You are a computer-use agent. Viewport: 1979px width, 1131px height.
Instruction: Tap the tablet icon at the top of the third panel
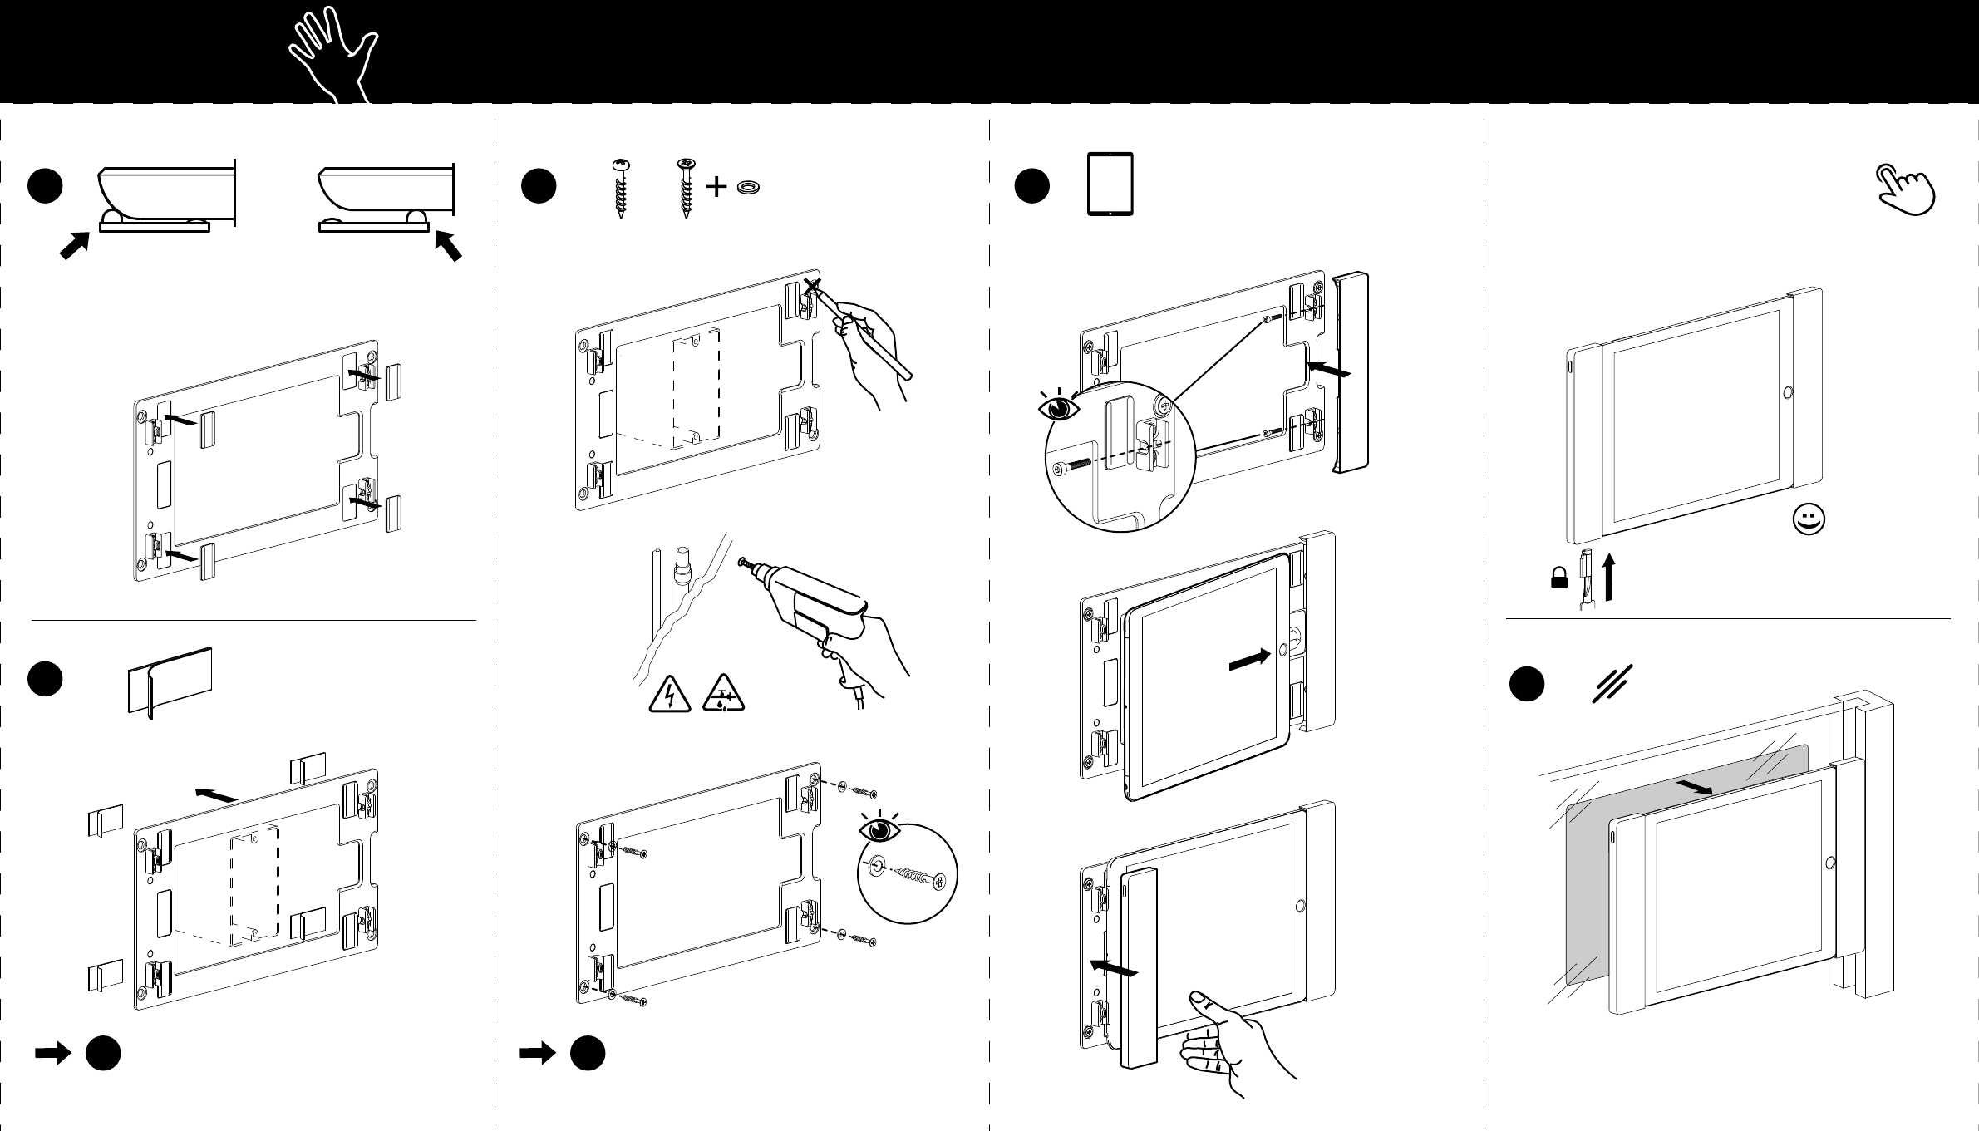click(x=1110, y=184)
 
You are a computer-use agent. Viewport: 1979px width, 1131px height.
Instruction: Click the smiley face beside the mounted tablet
click(x=1809, y=521)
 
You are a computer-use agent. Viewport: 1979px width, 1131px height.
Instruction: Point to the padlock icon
click(x=1559, y=578)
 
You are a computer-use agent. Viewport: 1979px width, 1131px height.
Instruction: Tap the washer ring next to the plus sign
click(x=749, y=188)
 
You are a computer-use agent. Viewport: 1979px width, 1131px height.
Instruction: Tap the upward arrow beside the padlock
click(x=1608, y=578)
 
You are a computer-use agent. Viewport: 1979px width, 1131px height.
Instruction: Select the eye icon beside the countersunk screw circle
click(x=879, y=829)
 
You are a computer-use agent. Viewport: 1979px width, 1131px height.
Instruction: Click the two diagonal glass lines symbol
click(x=1612, y=684)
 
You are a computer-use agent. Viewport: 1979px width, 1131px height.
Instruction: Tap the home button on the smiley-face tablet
click(x=1783, y=392)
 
